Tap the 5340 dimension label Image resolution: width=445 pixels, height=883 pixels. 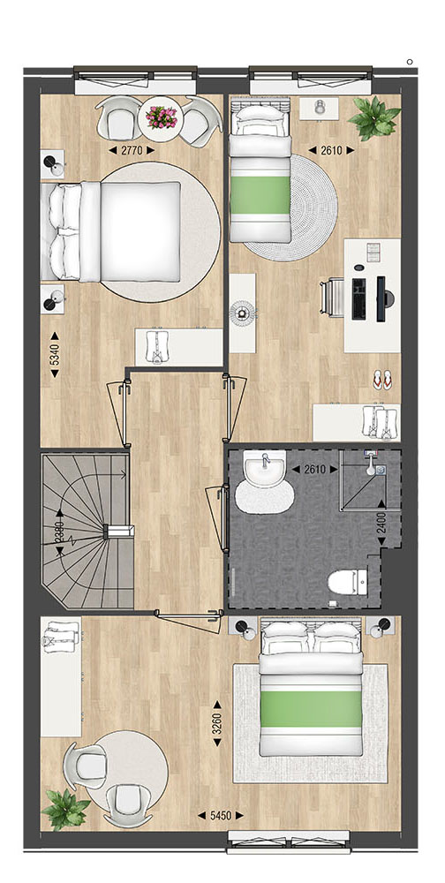(x=55, y=354)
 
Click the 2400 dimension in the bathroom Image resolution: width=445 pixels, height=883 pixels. (x=382, y=524)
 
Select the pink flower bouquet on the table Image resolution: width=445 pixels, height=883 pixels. (x=161, y=117)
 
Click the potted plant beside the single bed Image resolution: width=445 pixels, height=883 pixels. (x=373, y=117)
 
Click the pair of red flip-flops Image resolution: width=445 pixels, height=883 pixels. (x=382, y=380)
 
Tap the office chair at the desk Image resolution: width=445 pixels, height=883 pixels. (x=332, y=298)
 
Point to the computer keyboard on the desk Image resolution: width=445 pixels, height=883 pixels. (x=358, y=298)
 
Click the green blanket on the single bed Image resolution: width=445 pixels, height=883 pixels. (x=260, y=195)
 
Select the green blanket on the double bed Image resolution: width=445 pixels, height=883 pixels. (x=311, y=708)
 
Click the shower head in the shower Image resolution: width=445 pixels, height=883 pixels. (x=373, y=464)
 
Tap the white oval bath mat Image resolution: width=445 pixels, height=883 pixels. (x=264, y=495)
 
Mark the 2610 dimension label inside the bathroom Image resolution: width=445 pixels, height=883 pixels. (x=315, y=469)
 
